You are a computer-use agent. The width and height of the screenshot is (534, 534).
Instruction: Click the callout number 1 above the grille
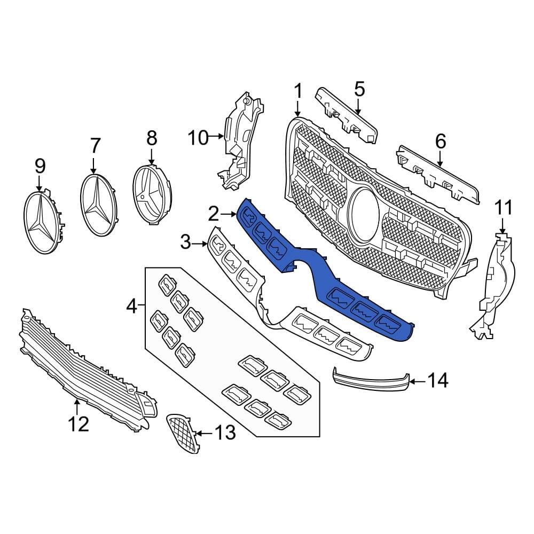(298, 91)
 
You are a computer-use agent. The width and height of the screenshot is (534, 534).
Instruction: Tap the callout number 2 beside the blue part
(214, 215)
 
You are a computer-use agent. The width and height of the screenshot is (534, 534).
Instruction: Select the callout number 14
(438, 381)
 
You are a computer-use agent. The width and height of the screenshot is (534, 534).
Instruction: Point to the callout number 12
(78, 425)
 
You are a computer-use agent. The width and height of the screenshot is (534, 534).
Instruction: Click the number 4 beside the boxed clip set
(131, 306)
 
